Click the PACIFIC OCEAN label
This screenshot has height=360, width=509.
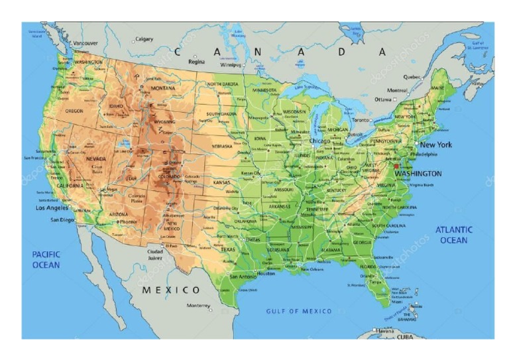click(x=46, y=259)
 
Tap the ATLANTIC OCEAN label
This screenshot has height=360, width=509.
click(x=453, y=235)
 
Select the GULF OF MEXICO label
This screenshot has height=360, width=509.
click(x=299, y=311)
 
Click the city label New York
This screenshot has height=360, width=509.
click(x=436, y=145)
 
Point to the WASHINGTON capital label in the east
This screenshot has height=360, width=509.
click(x=418, y=174)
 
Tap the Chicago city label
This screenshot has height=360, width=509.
click(x=319, y=141)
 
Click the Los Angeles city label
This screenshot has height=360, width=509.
click(x=52, y=208)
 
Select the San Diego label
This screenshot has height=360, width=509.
click(x=63, y=219)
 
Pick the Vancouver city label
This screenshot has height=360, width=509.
click(x=85, y=44)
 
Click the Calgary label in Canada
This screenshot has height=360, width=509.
click(x=144, y=39)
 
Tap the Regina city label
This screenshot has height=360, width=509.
click(x=197, y=62)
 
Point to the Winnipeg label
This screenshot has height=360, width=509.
click(x=231, y=66)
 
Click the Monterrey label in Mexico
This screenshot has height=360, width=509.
click(x=198, y=306)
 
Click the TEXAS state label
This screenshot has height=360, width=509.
click(x=228, y=249)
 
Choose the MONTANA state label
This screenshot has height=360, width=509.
click(x=163, y=88)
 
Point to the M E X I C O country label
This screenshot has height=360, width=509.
click(x=171, y=290)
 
